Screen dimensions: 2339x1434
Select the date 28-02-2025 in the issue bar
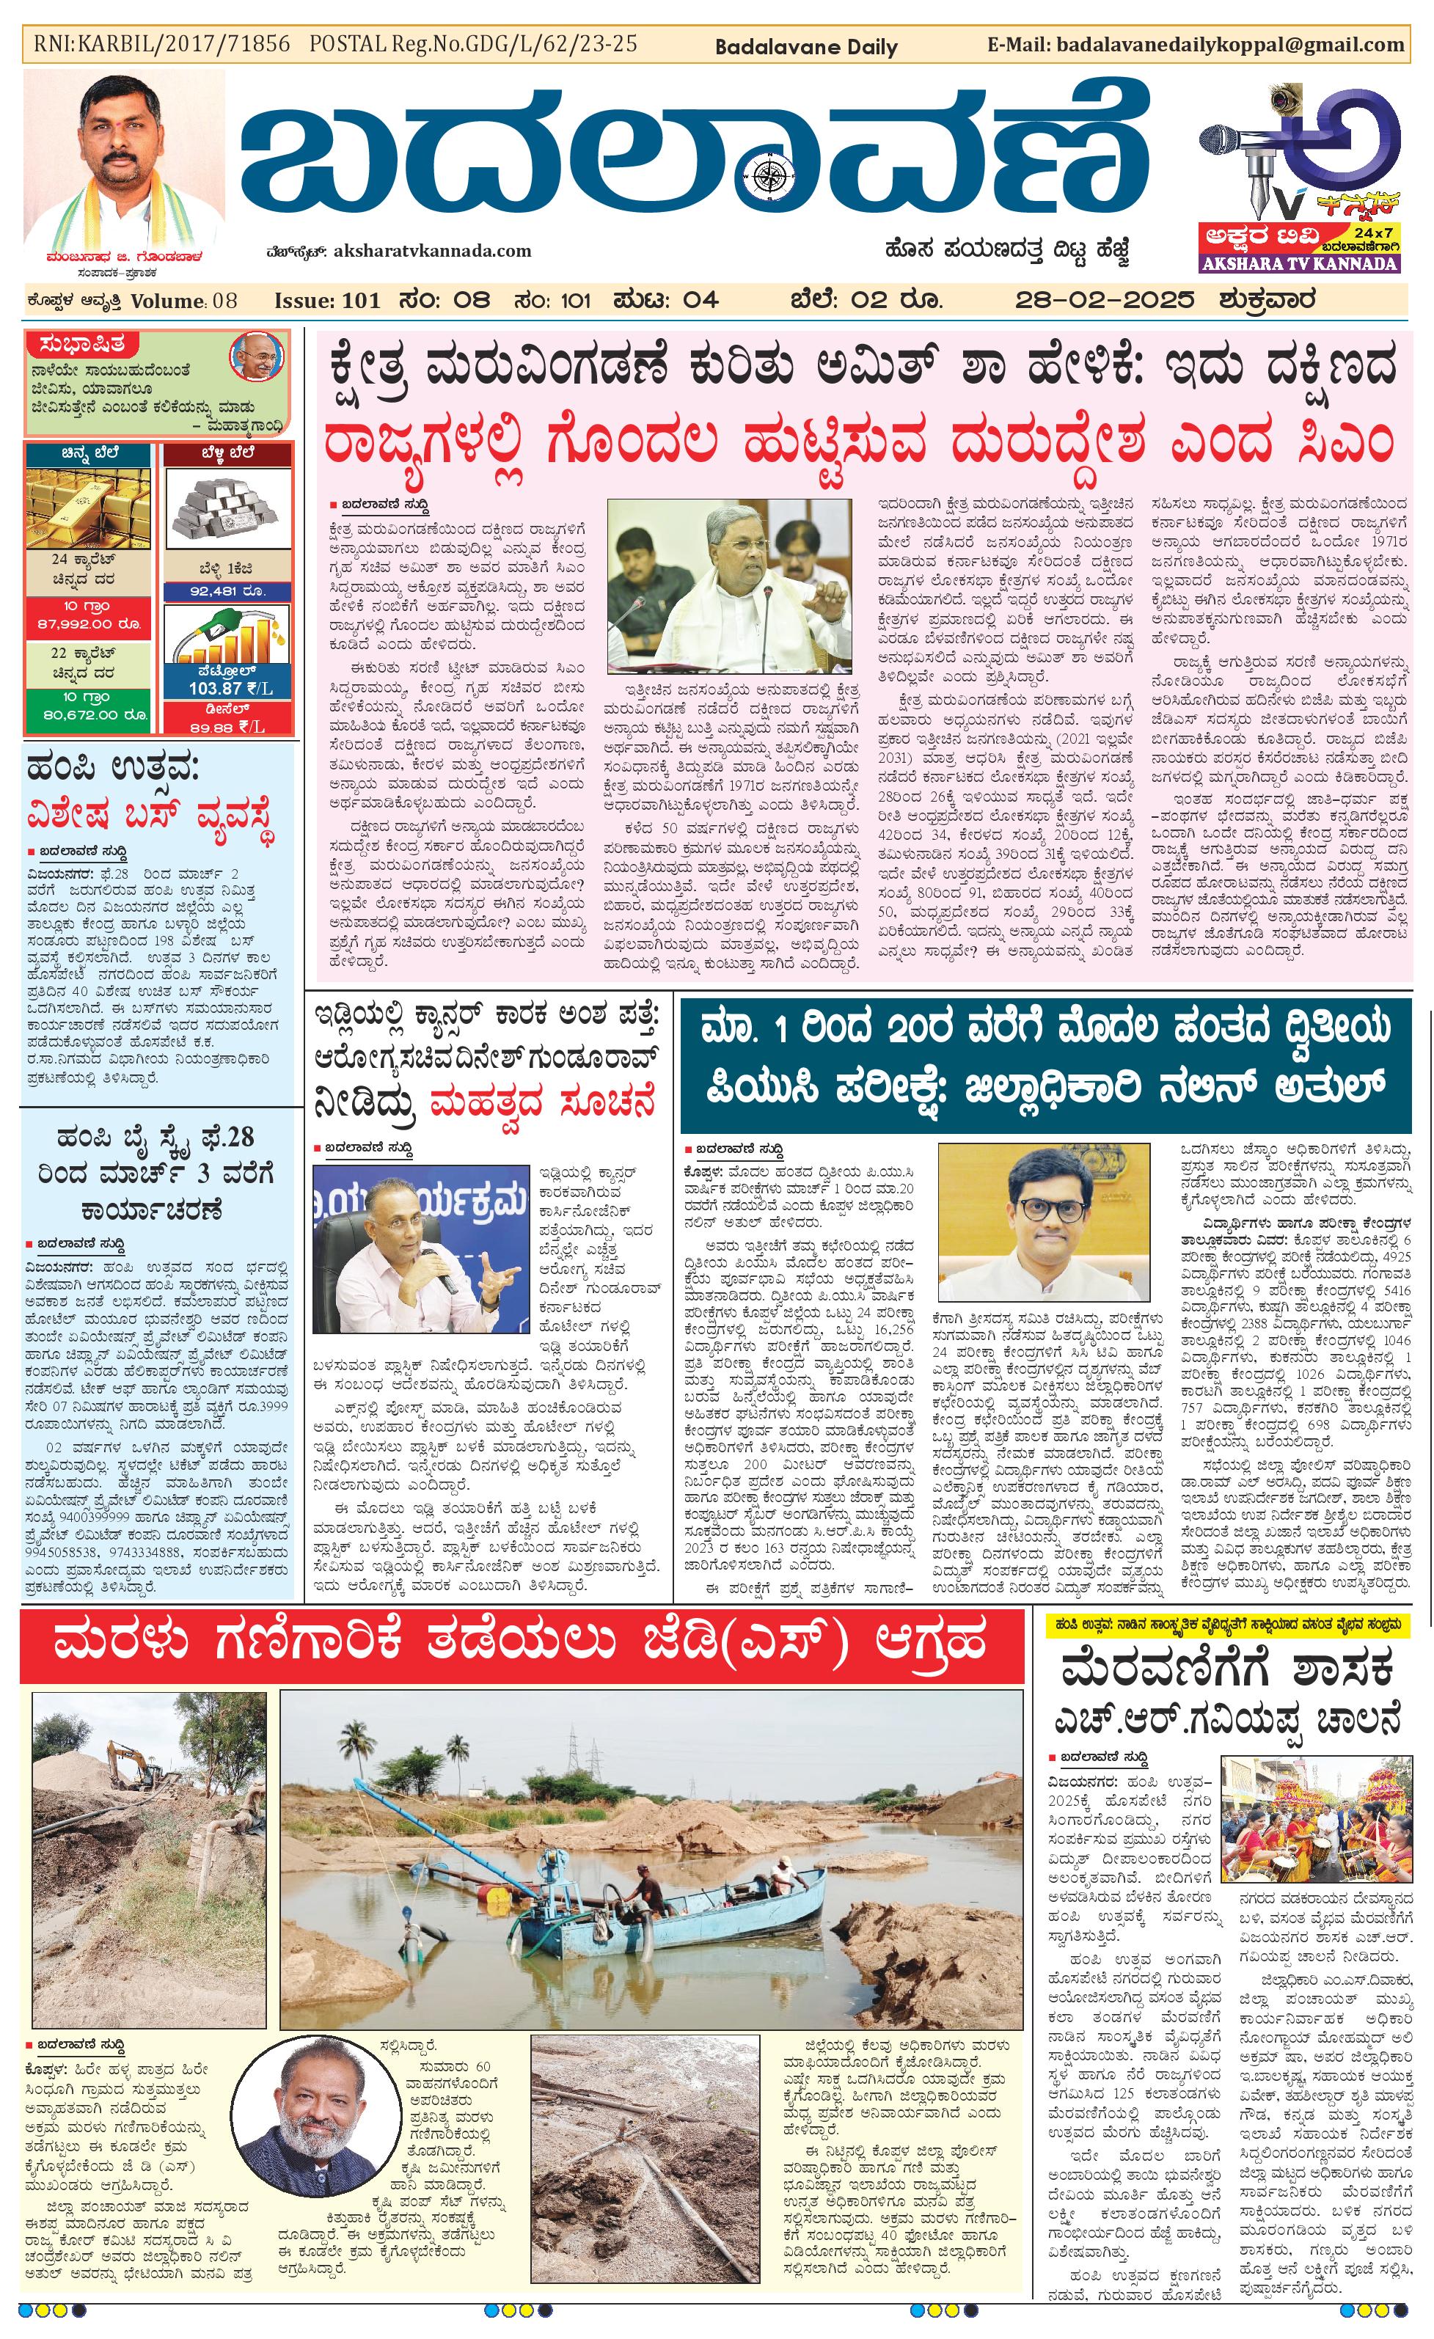pyautogui.click(x=1104, y=301)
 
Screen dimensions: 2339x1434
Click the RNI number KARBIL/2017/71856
pyautogui.click(x=161, y=44)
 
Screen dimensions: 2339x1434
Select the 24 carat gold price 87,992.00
pyautogui.click(x=87, y=623)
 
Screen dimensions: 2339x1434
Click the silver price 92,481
pyautogui.click(x=227, y=590)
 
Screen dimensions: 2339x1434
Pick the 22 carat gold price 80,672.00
pyautogui.click(x=87, y=714)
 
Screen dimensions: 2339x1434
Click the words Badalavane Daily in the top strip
pyautogui.click(x=805, y=46)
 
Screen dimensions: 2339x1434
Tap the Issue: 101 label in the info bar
pyautogui.click(x=326, y=301)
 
